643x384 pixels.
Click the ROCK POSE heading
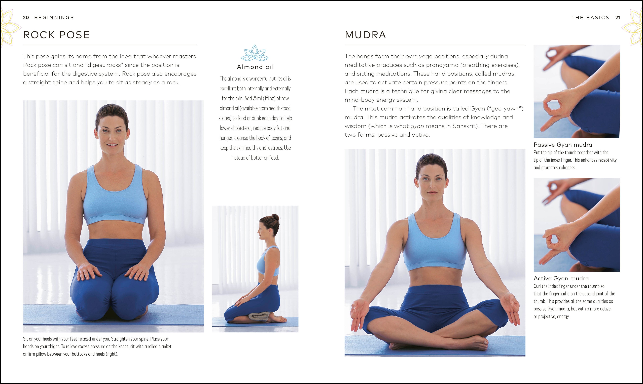pyautogui.click(x=56, y=35)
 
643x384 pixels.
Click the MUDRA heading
pyautogui.click(x=365, y=35)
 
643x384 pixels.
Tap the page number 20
pyautogui.click(x=26, y=18)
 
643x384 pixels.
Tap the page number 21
pyautogui.click(x=618, y=18)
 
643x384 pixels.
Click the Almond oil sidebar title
pyautogui.click(x=255, y=67)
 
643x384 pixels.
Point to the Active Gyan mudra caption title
pyautogui.click(x=561, y=278)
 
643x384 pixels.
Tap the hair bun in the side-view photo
pyautogui.click(x=275, y=217)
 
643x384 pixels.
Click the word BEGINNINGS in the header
pyautogui.click(x=54, y=18)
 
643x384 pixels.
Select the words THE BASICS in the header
pyautogui.click(x=590, y=18)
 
